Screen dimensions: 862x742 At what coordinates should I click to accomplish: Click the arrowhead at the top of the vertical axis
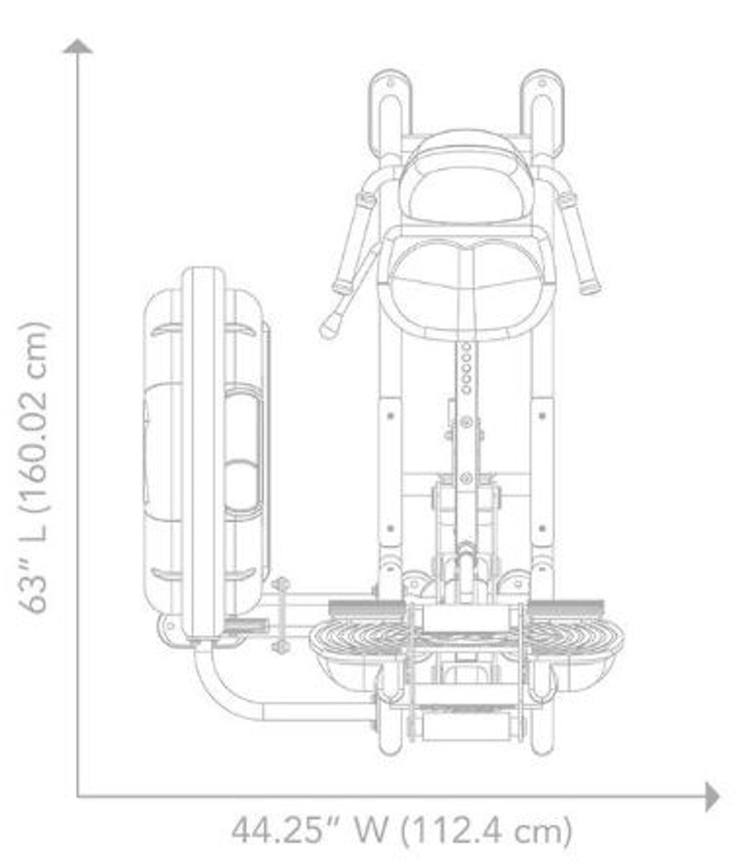79,46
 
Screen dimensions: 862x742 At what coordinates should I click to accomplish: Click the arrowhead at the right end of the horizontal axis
712,797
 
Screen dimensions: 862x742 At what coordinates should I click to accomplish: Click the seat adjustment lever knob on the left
330,328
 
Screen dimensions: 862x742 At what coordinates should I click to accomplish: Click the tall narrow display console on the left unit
202,451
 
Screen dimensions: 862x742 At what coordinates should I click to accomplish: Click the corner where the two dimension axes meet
79,797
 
